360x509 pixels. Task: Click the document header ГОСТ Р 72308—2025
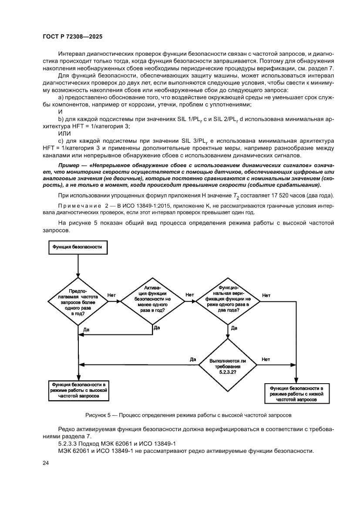[x=72, y=37]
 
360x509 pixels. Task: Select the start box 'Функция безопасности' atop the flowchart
[x=77, y=246]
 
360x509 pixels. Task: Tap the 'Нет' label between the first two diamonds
[x=111, y=295]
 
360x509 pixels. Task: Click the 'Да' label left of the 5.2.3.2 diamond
[x=193, y=359]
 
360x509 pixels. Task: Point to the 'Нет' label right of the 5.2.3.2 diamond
[x=266, y=359]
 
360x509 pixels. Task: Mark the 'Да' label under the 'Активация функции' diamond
[x=157, y=328]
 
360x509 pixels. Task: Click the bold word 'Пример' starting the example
[x=70, y=166]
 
